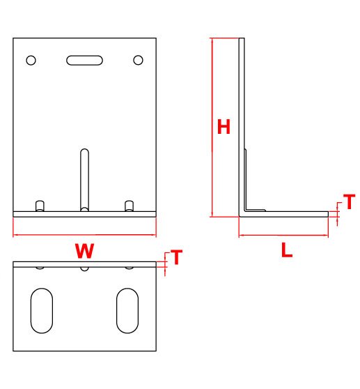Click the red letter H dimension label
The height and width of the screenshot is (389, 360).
point(224,126)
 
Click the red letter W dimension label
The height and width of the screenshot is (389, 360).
point(84,251)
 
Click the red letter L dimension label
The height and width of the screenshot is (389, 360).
point(287,250)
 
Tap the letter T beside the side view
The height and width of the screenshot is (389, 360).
point(350,201)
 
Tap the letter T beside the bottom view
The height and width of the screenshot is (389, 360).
point(177,257)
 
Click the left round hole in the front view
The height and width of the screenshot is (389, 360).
point(31,60)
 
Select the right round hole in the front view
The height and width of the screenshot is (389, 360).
point(138,60)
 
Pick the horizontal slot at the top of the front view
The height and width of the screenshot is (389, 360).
point(84,60)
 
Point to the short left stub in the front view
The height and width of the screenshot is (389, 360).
point(40,206)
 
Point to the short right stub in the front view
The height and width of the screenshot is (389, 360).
point(129,206)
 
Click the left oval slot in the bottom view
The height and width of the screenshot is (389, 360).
point(42,311)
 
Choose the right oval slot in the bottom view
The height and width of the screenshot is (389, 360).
point(127,311)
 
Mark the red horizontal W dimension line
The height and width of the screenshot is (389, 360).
point(84,234)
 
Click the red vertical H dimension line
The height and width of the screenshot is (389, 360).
point(212,128)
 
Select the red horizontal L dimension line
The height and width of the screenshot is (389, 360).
point(283,235)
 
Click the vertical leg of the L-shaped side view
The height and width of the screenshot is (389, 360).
point(242,124)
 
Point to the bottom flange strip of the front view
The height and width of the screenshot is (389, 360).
point(84,214)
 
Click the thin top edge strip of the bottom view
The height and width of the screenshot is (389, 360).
point(84,264)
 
